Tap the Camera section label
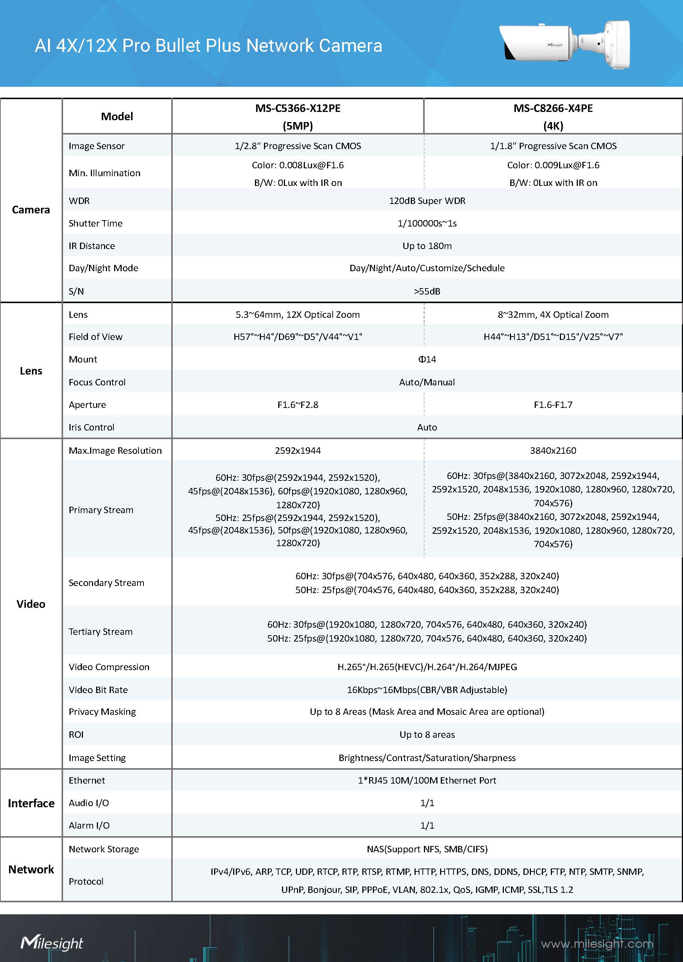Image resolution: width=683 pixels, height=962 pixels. (31, 210)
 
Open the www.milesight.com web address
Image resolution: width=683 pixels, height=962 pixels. (597, 944)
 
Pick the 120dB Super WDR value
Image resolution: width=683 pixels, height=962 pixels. (427, 201)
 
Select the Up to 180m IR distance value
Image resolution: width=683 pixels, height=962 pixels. (427, 246)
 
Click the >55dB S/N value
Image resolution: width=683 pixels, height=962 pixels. (427, 291)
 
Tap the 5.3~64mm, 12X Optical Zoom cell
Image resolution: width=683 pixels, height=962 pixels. (297, 315)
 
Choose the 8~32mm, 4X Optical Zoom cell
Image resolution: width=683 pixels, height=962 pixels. (553, 315)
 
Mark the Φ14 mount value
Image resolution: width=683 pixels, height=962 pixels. (427, 359)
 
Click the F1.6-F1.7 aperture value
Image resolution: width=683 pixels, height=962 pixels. (553, 405)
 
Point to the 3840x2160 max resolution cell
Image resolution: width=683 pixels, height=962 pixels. (553, 450)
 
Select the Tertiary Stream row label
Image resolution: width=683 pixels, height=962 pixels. (101, 631)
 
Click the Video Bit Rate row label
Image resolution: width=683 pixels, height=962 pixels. (98, 689)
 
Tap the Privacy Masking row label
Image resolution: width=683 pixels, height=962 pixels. (102, 711)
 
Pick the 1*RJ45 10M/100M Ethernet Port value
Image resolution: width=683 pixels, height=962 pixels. (427, 780)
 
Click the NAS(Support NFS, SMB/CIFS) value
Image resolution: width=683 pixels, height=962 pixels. (427, 849)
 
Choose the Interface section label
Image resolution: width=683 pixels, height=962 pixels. (31, 803)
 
